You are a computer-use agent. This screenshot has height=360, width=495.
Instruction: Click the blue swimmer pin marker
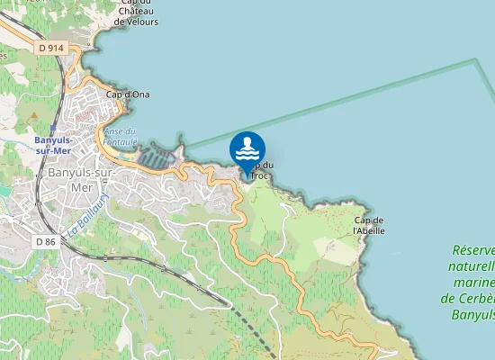pos(247,149)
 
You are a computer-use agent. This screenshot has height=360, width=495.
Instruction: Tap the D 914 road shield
pos(52,46)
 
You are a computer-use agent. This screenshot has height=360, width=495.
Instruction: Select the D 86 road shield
pos(45,241)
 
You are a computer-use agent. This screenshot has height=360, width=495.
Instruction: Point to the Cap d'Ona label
pos(128,94)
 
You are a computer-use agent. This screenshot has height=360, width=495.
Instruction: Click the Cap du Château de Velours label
pos(139,13)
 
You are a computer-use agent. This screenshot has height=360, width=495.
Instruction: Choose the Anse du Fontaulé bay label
pos(121,137)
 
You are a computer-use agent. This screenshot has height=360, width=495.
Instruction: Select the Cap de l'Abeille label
pos(369,225)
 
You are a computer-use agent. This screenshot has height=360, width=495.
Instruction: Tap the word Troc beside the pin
pos(259,175)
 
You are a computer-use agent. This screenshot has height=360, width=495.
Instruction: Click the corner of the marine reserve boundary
pos(475,60)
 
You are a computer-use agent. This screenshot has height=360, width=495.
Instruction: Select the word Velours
pos(139,21)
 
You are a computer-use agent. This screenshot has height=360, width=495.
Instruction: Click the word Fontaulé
pos(121,141)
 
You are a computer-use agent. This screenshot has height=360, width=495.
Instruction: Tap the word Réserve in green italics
pos(473,250)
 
